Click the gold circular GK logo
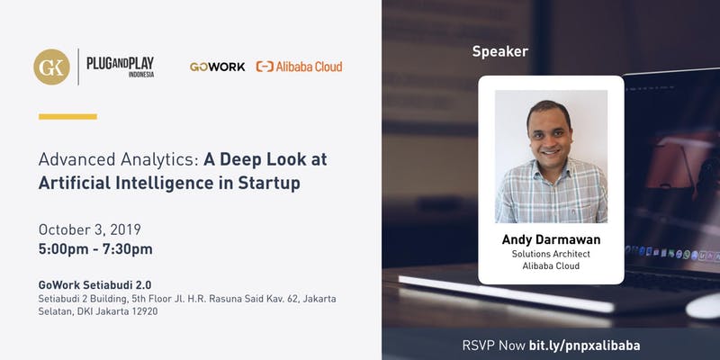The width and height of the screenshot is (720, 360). point(52,67)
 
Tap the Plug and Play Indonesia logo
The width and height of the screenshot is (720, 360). point(121,67)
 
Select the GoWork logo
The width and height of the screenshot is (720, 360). point(217,67)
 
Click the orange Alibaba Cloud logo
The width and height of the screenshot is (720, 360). point(299,67)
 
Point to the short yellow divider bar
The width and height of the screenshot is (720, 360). point(68,117)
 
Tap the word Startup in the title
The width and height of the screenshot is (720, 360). point(269,183)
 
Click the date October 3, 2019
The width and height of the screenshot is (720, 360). point(90,229)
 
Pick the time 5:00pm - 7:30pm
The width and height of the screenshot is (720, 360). point(95,249)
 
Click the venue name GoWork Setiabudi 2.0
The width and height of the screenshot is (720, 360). point(95,284)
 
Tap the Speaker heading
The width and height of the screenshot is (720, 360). point(500,51)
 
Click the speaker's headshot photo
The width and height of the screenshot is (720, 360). point(551,157)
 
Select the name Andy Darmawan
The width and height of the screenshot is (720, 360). point(551,239)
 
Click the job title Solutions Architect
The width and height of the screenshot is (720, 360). point(551,254)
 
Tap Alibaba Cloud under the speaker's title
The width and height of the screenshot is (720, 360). point(551,265)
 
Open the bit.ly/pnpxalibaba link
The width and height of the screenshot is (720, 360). point(584,346)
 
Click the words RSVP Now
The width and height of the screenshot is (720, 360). point(493,346)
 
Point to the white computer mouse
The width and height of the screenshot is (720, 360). point(703,306)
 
